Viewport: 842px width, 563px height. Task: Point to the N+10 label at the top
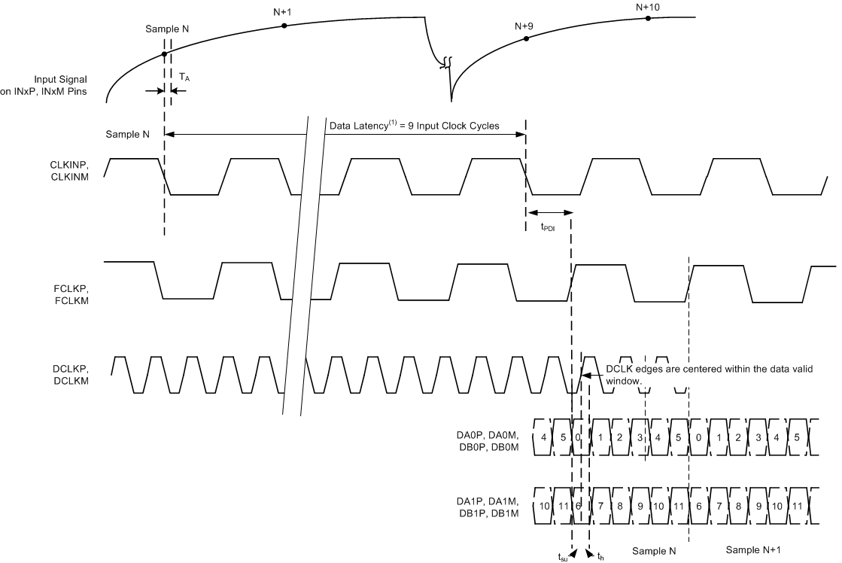click(x=648, y=8)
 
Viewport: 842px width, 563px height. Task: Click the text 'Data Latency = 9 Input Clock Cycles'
click(x=414, y=126)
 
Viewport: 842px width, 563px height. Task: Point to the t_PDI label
click(x=549, y=227)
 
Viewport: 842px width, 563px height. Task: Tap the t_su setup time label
click(x=563, y=556)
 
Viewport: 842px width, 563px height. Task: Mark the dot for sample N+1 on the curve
click(x=284, y=26)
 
